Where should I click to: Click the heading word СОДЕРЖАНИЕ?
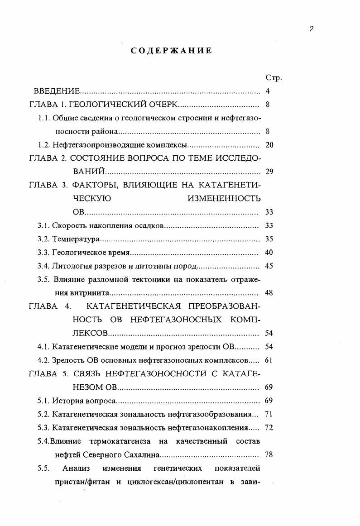pos(171,51)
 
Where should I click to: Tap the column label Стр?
pos(274,77)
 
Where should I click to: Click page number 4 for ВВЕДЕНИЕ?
pos(268,91)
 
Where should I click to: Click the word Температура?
pos(76,239)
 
